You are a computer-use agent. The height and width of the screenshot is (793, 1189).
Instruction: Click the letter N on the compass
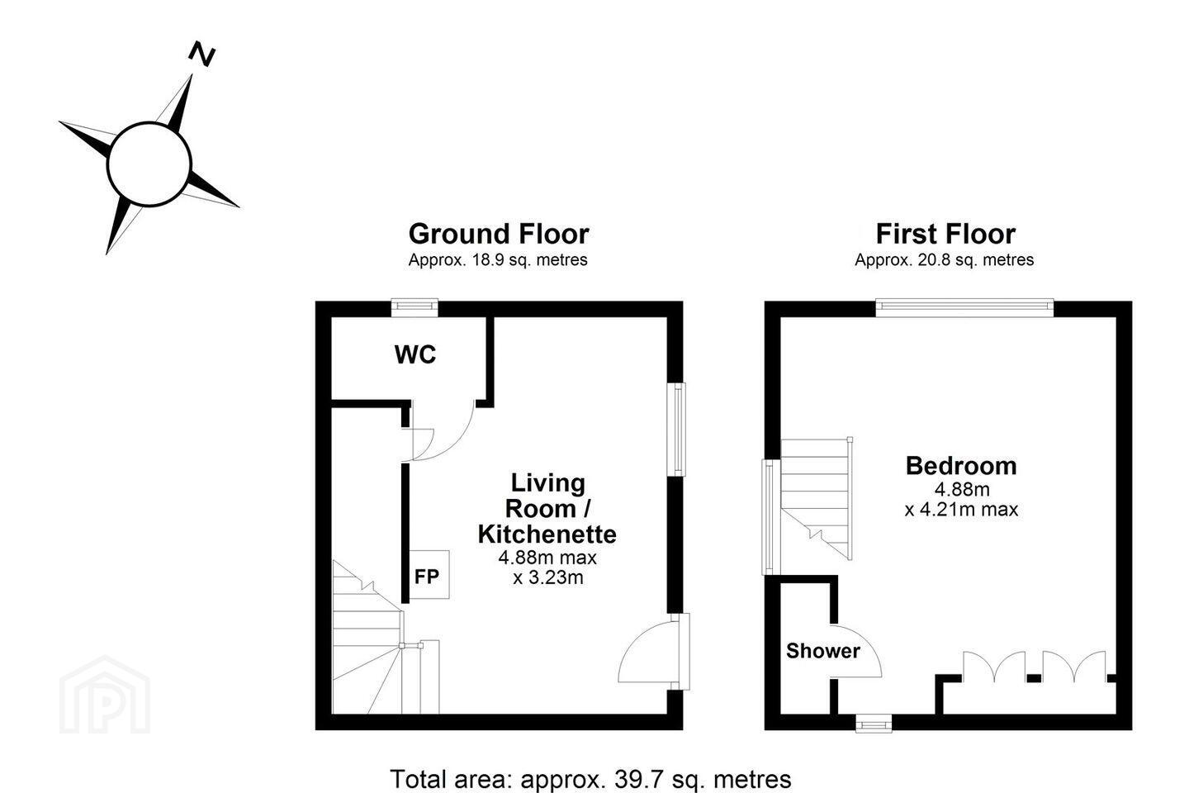tap(201, 54)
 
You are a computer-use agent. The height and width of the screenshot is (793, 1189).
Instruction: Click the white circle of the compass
tap(149, 164)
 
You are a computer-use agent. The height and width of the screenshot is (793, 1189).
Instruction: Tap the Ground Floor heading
tap(499, 234)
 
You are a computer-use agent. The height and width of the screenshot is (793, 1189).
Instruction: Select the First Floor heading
tap(945, 234)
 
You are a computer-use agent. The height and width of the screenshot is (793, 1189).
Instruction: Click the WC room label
tap(415, 354)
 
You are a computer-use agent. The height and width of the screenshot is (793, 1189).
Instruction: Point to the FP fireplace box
tap(429, 575)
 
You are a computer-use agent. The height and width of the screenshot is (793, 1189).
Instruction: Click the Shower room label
tap(822, 651)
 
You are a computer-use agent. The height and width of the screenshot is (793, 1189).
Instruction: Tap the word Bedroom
tap(961, 466)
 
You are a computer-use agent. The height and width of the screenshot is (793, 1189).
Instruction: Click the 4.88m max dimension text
tap(547, 558)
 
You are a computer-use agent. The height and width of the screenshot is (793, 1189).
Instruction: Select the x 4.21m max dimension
tap(961, 510)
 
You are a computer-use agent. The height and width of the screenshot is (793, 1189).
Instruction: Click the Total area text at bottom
tap(590, 779)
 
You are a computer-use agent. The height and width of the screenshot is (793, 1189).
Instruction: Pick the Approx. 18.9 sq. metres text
tap(498, 259)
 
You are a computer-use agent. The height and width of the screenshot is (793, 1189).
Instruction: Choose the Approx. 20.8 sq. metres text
tap(945, 259)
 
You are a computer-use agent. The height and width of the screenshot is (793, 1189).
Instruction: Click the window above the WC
tap(414, 307)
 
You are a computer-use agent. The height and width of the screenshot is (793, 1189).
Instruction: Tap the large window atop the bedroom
tap(964, 307)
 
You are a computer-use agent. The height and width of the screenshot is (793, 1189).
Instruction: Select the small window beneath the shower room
tap(874, 724)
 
